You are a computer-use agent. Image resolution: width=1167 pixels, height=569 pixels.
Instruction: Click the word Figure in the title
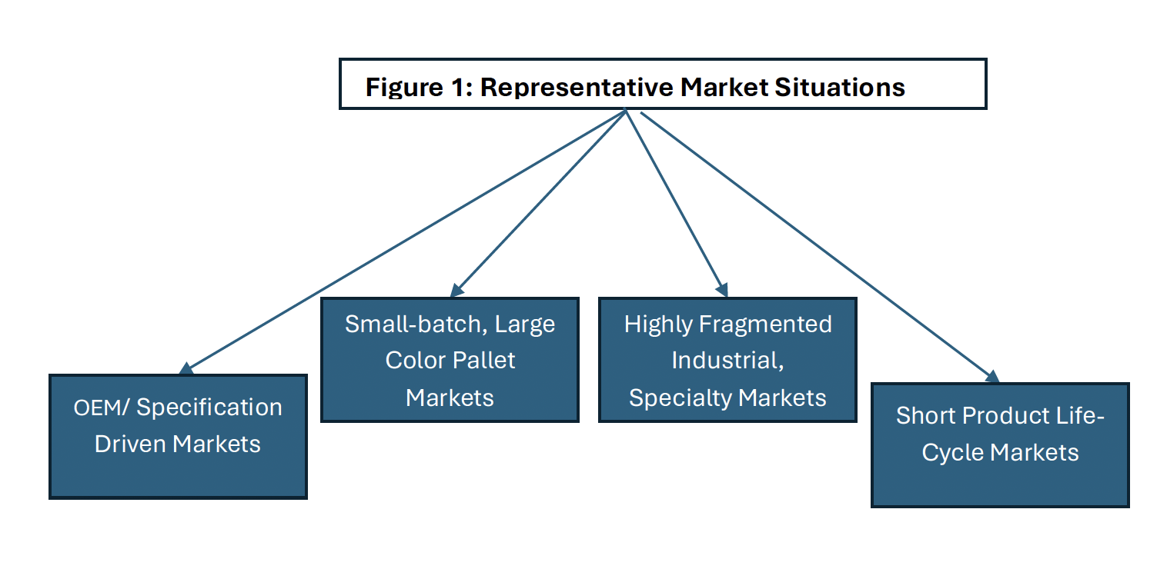point(404,88)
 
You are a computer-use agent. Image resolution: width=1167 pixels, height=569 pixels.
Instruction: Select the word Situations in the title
point(840,87)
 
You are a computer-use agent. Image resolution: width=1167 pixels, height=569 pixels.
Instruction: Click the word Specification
point(209,408)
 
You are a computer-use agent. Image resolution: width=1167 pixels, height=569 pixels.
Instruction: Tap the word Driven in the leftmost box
point(130,444)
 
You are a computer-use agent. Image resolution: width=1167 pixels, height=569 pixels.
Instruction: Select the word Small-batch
point(416,324)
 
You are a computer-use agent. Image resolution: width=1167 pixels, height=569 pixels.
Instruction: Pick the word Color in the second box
point(415,361)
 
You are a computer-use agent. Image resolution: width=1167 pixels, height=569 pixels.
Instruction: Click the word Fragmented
point(765,324)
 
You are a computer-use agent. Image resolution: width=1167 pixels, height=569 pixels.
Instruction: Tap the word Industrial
point(727,361)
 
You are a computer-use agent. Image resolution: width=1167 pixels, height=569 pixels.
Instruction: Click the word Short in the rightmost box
point(925,415)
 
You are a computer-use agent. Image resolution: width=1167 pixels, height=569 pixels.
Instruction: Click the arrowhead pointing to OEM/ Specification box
point(186,368)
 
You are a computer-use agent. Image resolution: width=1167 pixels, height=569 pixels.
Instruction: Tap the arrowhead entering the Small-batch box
point(457,291)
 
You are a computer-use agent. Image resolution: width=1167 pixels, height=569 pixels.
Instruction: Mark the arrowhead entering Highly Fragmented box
point(722,290)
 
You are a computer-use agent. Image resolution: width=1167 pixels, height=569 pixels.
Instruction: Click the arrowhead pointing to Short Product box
point(992,376)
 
